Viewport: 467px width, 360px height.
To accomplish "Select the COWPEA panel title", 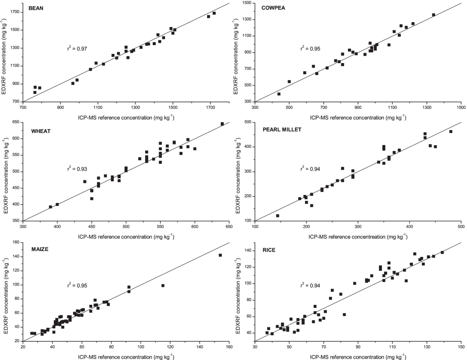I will click(x=272, y=8).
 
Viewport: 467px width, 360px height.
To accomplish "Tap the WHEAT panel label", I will click(x=37, y=131).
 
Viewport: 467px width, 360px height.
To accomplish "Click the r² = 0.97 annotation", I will click(x=78, y=49).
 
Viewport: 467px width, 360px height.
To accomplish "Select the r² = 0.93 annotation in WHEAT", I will click(x=78, y=169).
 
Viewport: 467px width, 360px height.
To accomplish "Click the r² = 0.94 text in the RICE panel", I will click(x=310, y=286).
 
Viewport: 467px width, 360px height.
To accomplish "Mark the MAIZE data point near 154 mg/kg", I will click(x=220, y=255).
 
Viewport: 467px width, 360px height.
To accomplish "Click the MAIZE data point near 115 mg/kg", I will click(x=163, y=286).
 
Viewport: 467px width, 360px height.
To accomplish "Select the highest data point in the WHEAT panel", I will click(x=222, y=124).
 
